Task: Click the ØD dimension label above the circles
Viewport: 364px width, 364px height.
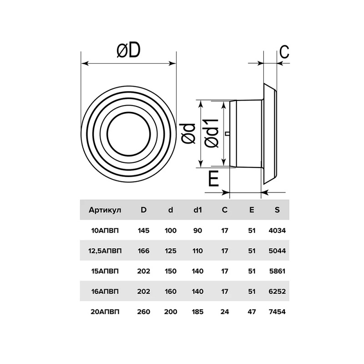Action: [x=128, y=51]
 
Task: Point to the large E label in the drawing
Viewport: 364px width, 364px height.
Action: [x=213, y=178]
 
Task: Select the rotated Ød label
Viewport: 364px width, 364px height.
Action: [x=188, y=134]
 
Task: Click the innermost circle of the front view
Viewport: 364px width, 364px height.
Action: [x=129, y=134]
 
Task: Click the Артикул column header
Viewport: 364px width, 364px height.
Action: [x=105, y=210]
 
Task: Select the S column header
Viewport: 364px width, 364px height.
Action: [x=277, y=210]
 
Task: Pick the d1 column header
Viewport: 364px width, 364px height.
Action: [x=197, y=210]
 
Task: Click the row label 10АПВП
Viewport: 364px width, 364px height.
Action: [x=105, y=231]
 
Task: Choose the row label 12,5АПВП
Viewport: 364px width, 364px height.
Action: [x=105, y=251]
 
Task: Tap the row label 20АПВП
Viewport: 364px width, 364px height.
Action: [x=105, y=312]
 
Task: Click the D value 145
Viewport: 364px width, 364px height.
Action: [x=144, y=231]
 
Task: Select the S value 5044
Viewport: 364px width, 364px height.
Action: [x=277, y=251]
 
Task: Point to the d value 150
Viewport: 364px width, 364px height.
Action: [x=171, y=271]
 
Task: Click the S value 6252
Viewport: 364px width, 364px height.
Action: [x=277, y=291]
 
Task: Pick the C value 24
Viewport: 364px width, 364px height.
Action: [x=225, y=312]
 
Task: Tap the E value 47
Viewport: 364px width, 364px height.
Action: [x=252, y=312]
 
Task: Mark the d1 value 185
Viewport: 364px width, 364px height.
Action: [x=197, y=312]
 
